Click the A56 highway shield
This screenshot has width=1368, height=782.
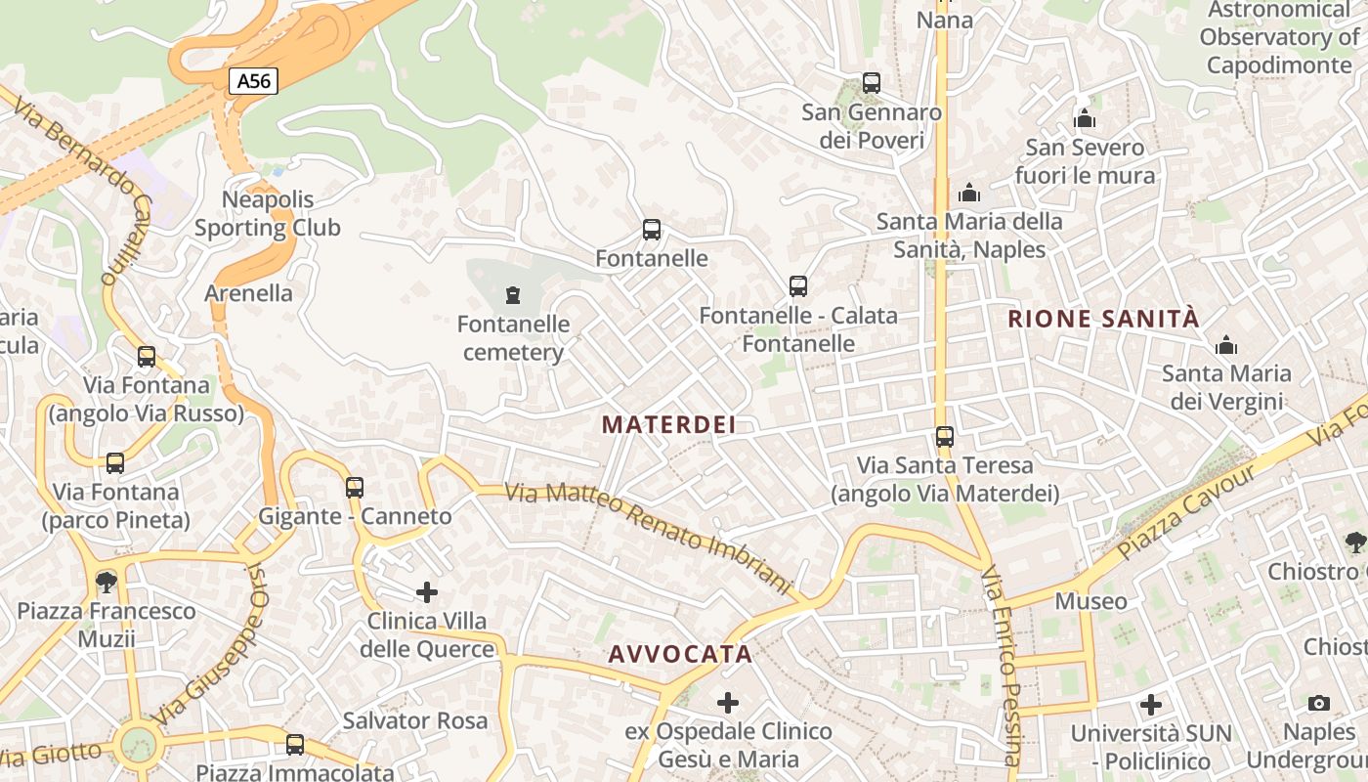(x=254, y=81)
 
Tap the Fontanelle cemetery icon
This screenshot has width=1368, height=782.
(x=512, y=294)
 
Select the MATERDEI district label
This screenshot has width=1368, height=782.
(x=668, y=424)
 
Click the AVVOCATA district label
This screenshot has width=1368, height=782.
(x=680, y=654)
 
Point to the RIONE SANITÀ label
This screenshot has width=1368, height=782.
(x=1103, y=319)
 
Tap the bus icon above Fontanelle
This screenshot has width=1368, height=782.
(x=652, y=231)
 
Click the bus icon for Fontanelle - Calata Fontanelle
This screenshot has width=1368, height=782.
(x=798, y=286)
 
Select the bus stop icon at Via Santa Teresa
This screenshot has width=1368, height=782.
(x=944, y=437)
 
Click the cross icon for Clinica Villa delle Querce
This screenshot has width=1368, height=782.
(x=427, y=592)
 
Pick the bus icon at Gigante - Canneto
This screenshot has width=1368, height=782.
(x=355, y=487)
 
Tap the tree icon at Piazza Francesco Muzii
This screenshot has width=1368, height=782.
(x=106, y=583)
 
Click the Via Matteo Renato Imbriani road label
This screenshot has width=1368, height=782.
(x=648, y=539)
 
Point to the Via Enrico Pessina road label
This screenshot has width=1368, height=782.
(x=1003, y=665)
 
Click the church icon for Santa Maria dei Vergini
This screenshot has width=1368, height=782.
(x=1225, y=345)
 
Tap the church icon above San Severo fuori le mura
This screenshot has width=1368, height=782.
(x=1085, y=119)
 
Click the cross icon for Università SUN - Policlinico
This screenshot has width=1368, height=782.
(x=1151, y=704)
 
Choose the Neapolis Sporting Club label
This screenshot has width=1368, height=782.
(x=267, y=214)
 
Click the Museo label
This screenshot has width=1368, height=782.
(x=1090, y=600)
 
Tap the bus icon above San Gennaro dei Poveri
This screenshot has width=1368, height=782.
(x=872, y=84)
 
